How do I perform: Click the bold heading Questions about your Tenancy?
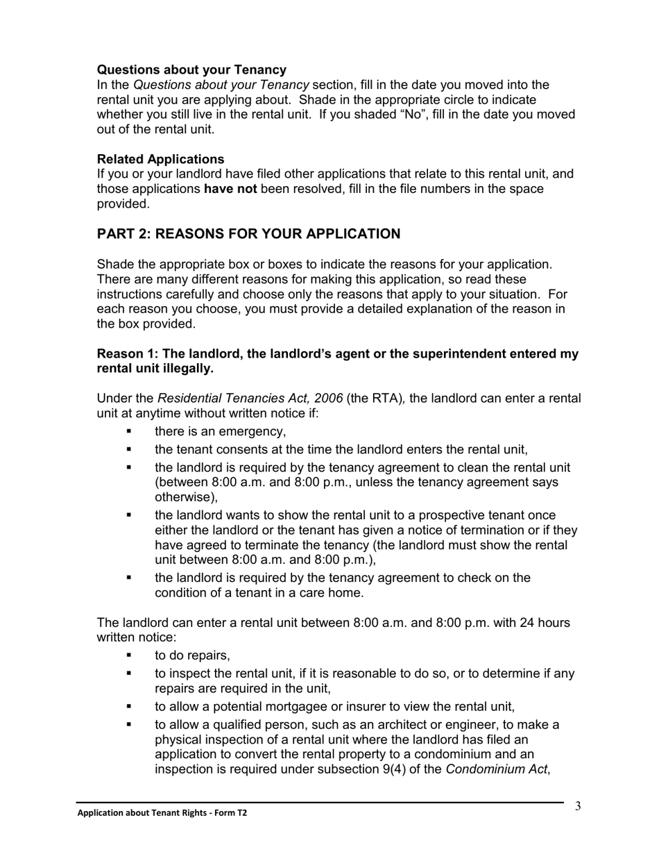(x=191, y=69)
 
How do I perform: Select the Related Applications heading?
(x=160, y=159)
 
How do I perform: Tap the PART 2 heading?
(x=248, y=234)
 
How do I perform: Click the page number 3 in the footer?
(x=577, y=806)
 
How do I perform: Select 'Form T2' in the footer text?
(x=228, y=813)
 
